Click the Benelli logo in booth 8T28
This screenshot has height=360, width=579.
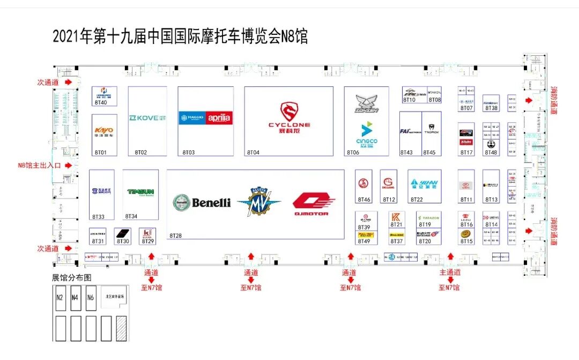tap(202, 202)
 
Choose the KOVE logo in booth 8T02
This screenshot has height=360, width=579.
tap(147, 117)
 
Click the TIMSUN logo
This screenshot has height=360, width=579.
tap(140, 192)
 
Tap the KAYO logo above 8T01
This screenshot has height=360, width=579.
tap(104, 131)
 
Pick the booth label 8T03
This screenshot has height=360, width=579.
tap(189, 152)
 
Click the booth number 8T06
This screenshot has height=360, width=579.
tap(353, 152)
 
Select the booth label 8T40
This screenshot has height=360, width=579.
tap(101, 102)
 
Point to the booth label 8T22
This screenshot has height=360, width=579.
tap(417, 200)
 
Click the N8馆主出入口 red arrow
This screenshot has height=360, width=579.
tap(68, 166)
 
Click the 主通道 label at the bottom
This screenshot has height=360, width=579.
tap(449, 273)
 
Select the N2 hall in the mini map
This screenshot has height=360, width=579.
tap(60, 298)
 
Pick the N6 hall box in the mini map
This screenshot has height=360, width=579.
tap(91, 298)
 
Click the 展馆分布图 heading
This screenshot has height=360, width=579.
tap(71, 278)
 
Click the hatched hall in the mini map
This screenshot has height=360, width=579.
tap(122, 328)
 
